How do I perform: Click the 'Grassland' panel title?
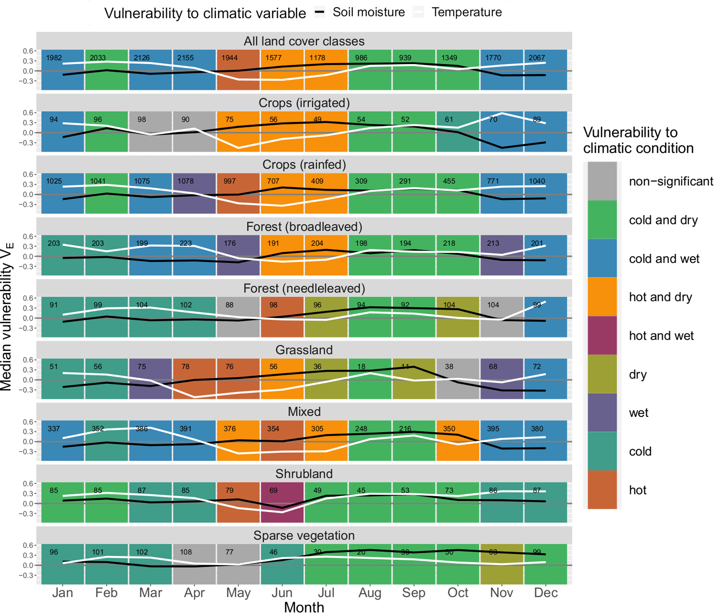(x=304, y=350)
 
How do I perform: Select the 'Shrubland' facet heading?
(x=304, y=473)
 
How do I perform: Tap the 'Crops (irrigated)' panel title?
(x=304, y=103)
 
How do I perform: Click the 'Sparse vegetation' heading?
(x=304, y=535)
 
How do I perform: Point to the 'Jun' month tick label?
(x=282, y=592)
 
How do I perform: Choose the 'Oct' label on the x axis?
(x=457, y=592)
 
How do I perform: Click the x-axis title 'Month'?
(x=304, y=607)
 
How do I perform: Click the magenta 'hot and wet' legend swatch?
(x=602, y=335)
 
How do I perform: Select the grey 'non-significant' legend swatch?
(x=602, y=181)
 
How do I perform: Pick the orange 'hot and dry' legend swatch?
(x=602, y=296)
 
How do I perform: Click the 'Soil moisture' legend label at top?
(x=368, y=12)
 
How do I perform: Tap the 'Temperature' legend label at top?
(x=466, y=12)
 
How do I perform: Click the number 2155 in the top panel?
(x=185, y=58)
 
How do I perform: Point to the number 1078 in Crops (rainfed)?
(x=185, y=181)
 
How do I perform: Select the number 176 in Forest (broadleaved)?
(x=229, y=243)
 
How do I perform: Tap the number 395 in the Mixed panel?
(x=493, y=428)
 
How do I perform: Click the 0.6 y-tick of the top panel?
(x=28, y=51)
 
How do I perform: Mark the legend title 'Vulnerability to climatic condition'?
(x=638, y=140)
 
